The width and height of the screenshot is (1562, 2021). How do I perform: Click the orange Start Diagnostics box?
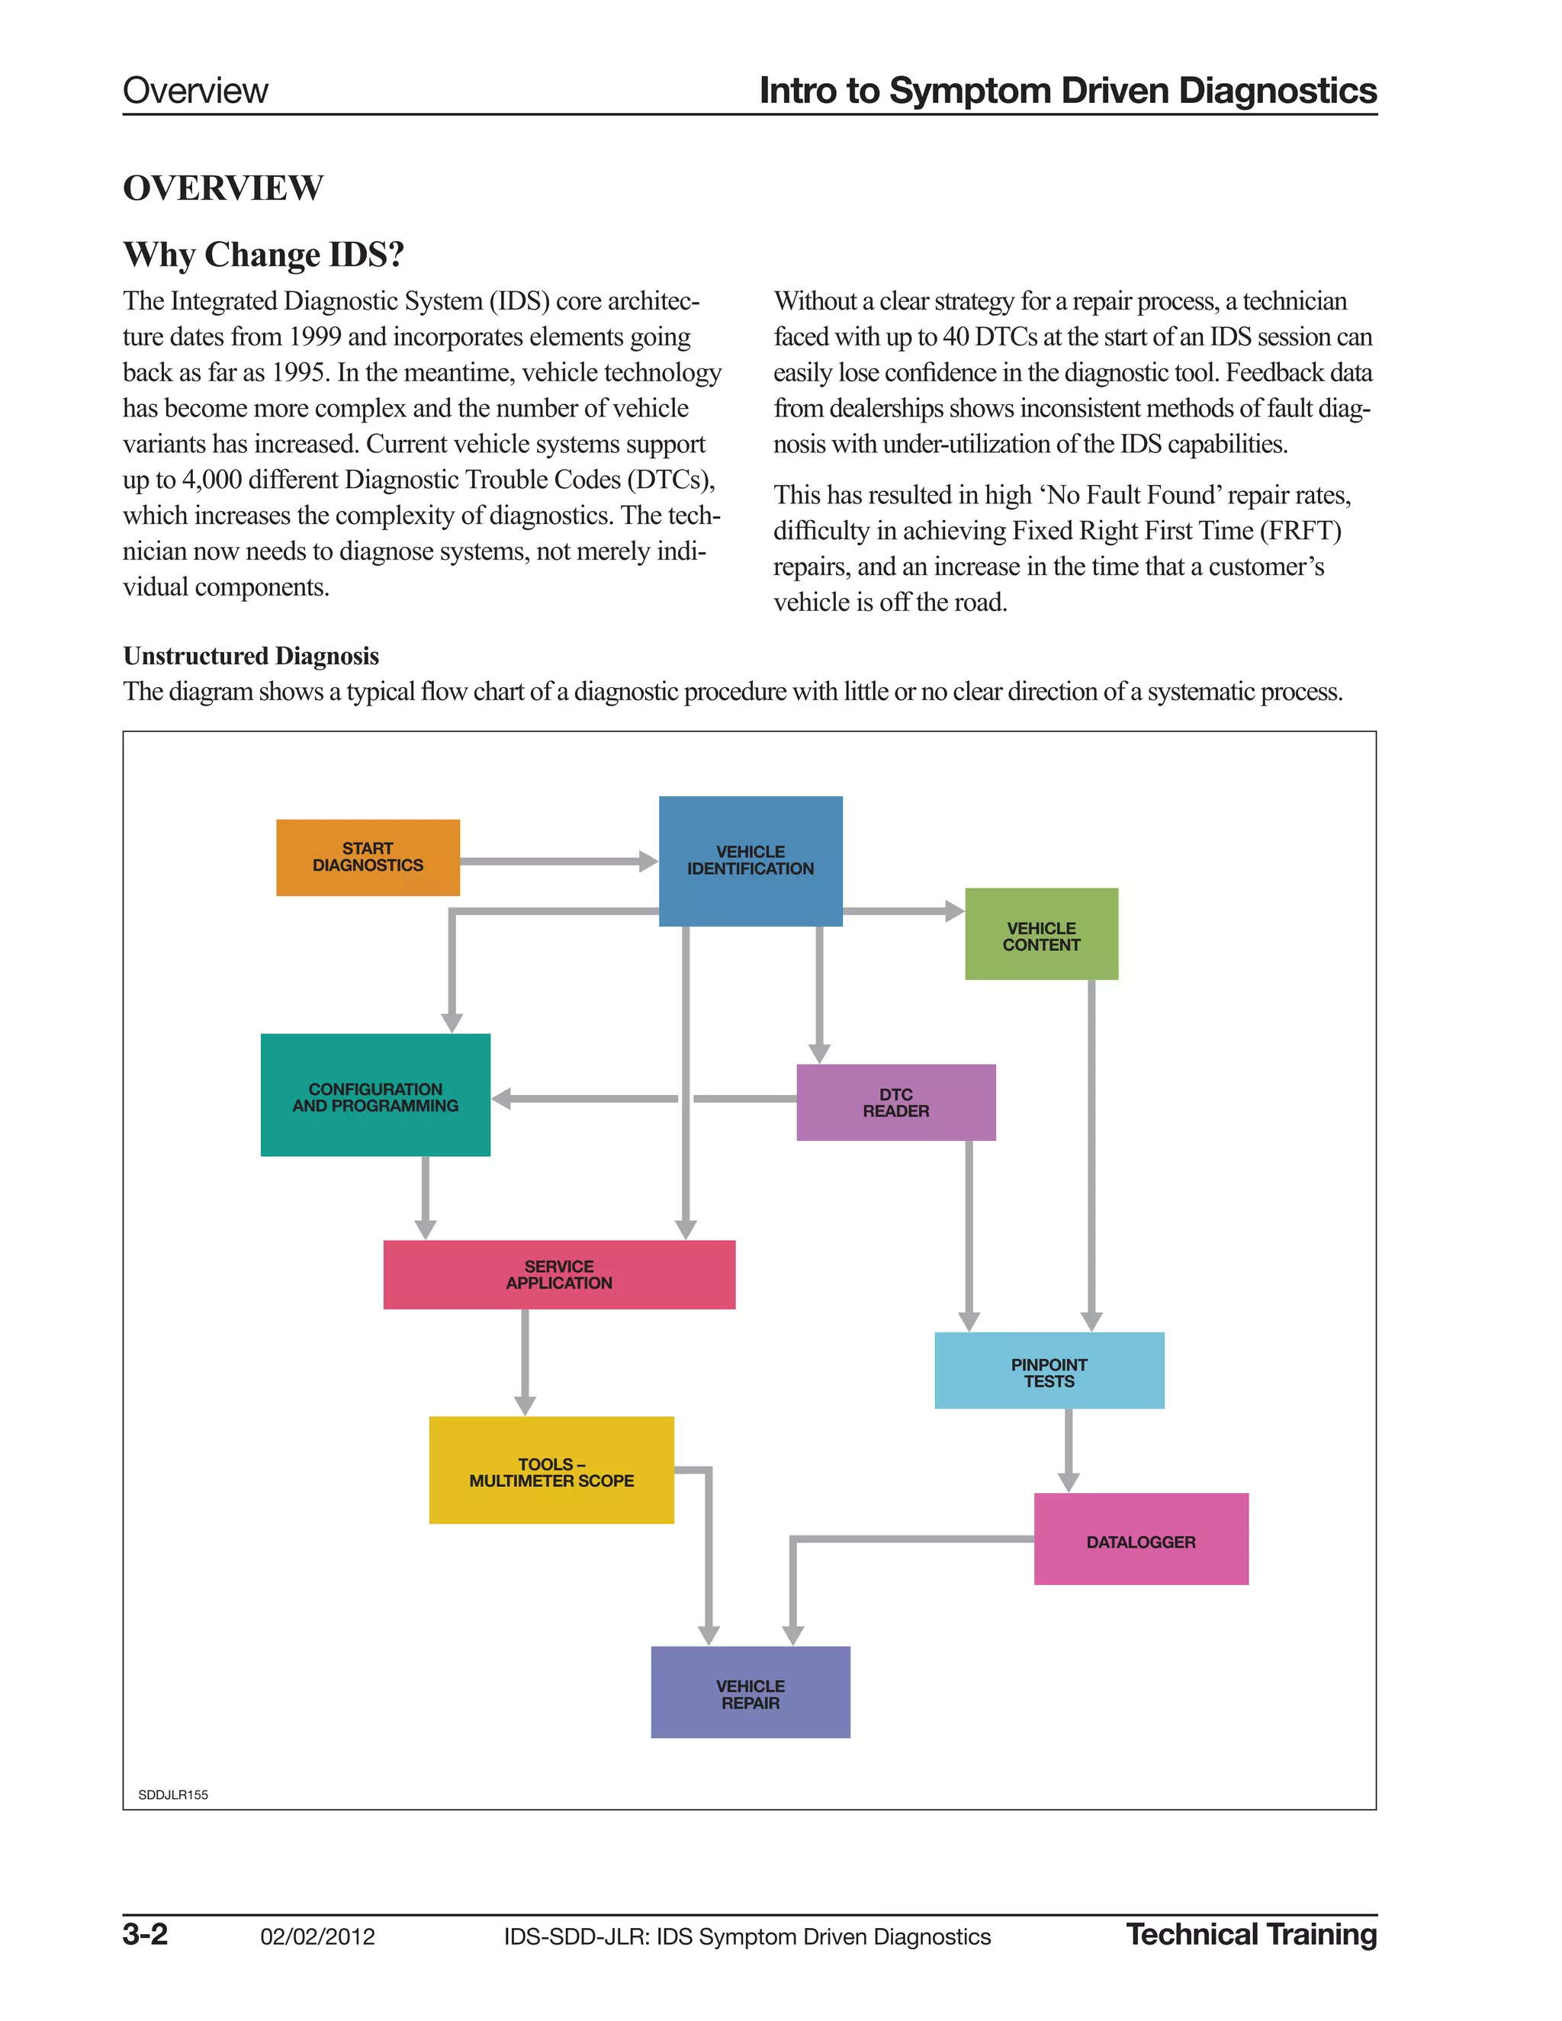368,857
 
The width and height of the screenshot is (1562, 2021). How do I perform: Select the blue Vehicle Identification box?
750,860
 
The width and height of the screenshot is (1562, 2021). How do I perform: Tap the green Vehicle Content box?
1041,935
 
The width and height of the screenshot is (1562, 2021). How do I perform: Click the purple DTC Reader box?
895,1102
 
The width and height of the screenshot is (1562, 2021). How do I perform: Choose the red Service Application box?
559,1274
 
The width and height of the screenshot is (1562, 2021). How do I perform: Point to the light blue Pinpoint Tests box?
1049,1370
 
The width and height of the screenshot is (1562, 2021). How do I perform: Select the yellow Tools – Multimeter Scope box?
551,1470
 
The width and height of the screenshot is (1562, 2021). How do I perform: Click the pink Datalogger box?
1140,1539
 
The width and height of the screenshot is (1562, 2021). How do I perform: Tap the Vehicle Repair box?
750,1692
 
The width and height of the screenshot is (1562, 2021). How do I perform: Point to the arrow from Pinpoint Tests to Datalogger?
1069,1449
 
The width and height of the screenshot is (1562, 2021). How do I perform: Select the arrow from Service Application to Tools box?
525,1361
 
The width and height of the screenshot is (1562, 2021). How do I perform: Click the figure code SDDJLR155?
173,1794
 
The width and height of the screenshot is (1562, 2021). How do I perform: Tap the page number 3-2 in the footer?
145,1934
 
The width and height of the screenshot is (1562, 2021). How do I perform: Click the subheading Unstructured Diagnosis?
251,656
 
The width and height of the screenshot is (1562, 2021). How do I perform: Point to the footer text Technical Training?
1251,1934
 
